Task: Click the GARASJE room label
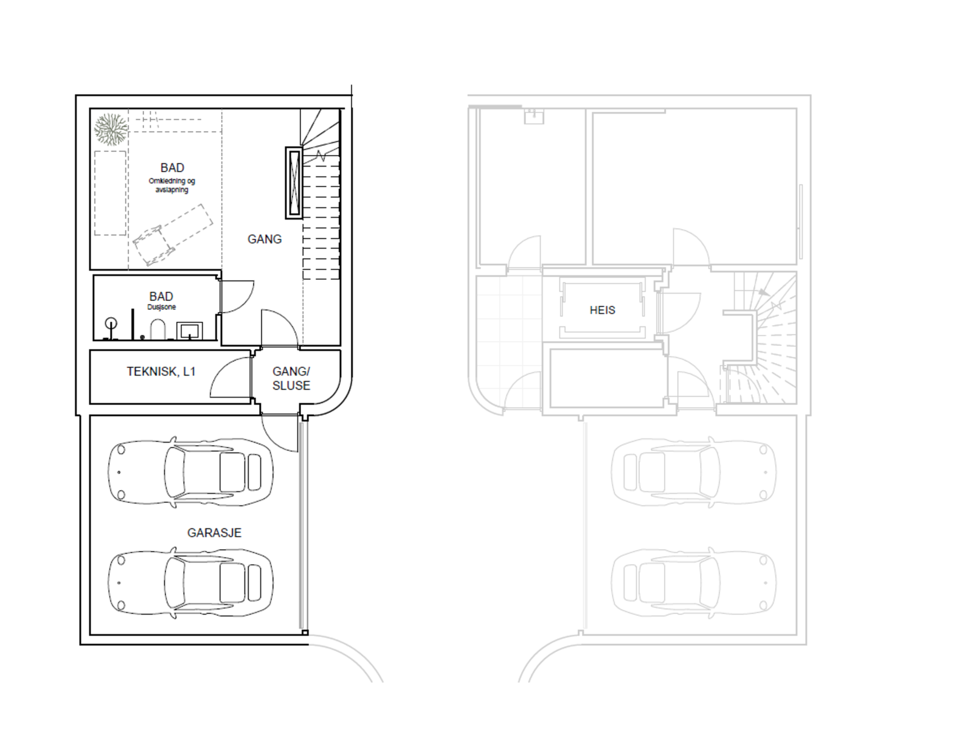pos(214,533)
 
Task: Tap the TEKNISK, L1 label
pos(161,372)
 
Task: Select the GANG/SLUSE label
pos(291,378)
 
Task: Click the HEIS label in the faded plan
pos(602,310)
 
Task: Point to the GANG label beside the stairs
pos(265,240)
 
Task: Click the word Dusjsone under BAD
pos(161,308)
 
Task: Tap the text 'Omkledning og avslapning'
pos(171,185)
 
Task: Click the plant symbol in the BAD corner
pos(111,129)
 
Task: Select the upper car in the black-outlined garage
pos(190,472)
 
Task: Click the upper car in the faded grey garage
pos(693,472)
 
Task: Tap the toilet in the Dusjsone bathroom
pos(158,330)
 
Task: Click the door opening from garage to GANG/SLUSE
pos(280,433)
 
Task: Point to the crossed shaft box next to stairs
pos(294,182)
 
